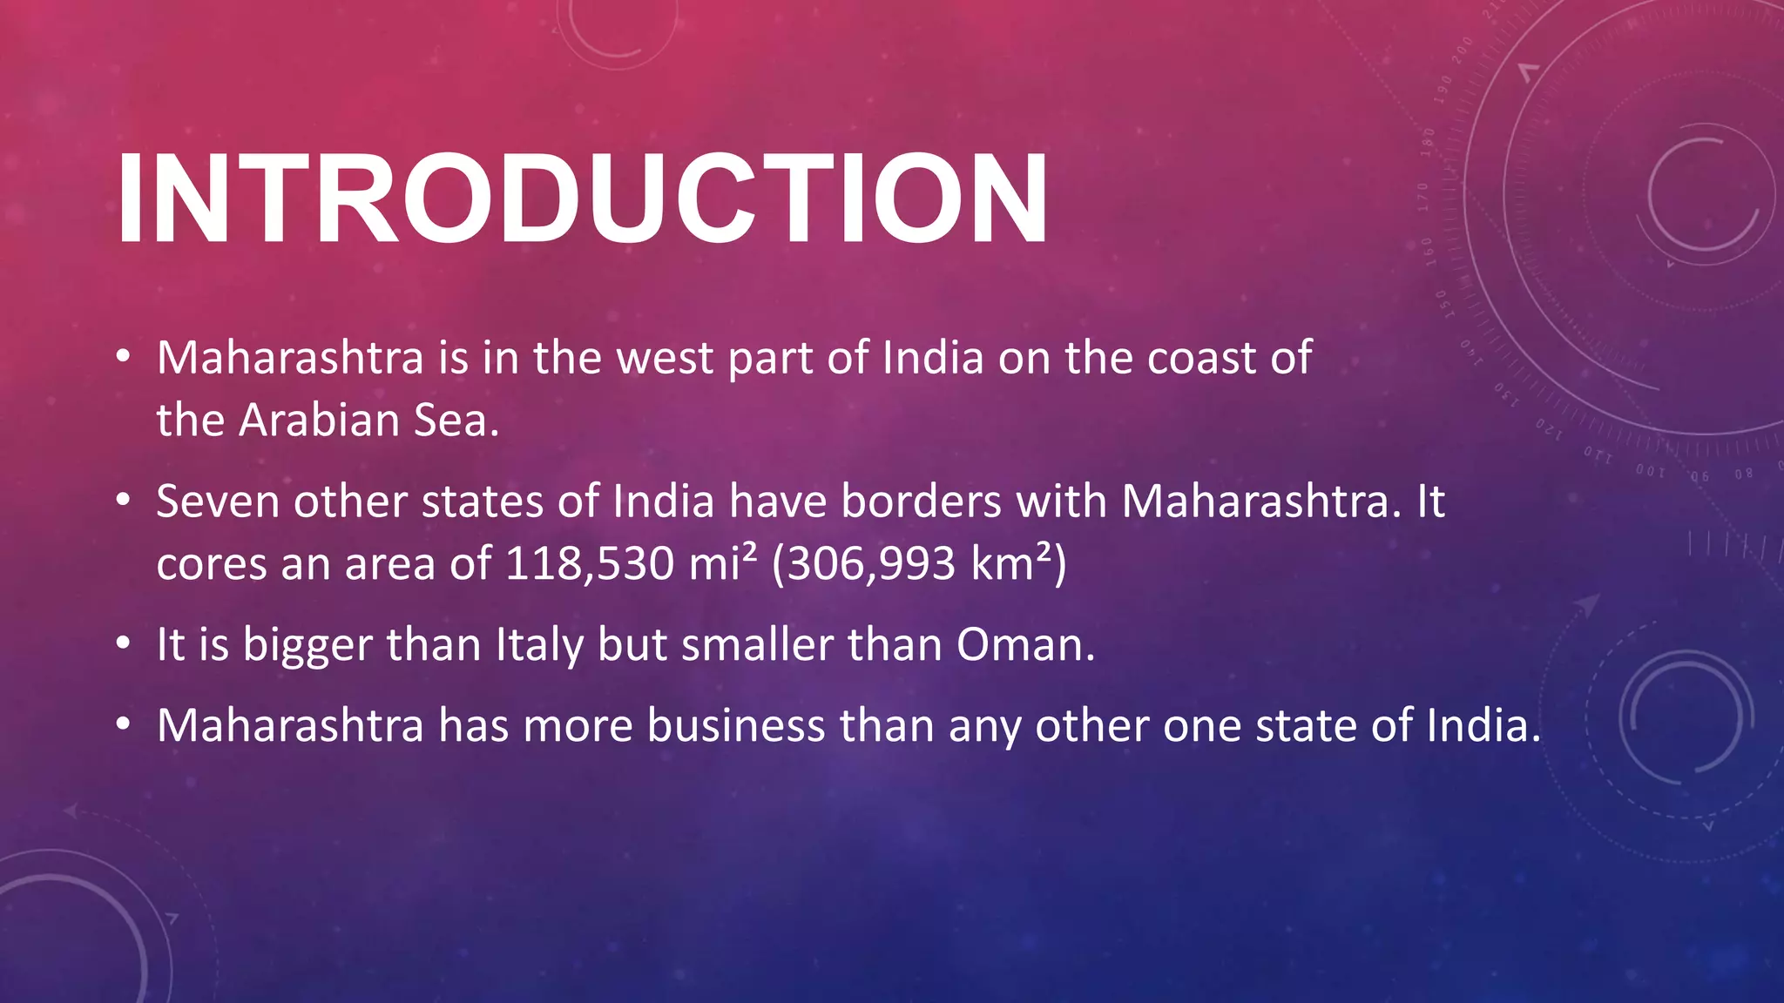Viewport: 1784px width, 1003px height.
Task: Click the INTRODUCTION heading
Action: (582, 199)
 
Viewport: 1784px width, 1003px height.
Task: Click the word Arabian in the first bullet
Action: (319, 421)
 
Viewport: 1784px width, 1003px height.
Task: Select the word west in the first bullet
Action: (665, 358)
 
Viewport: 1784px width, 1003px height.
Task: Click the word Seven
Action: (218, 501)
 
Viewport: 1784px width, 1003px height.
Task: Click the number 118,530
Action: (590, 564)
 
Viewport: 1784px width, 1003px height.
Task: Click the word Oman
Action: (1024, 645)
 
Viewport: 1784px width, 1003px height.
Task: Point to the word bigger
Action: (307, 645)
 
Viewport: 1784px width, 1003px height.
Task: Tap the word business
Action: (735, 726)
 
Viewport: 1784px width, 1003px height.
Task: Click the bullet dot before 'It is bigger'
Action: (124, 645)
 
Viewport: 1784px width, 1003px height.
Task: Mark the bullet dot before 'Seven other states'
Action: (124, 501)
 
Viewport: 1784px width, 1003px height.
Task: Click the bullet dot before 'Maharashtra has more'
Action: (124, 726)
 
